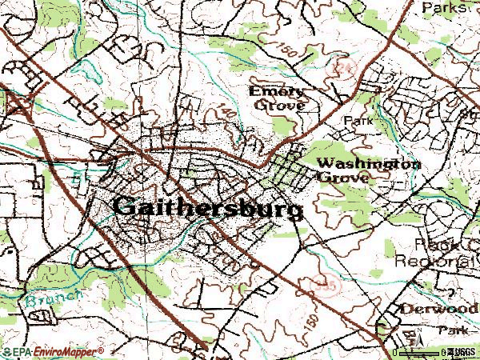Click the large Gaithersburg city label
pos(208,206)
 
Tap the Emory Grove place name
pos(278,98)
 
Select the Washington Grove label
pos(368,170)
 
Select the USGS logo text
pos(462,351)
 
